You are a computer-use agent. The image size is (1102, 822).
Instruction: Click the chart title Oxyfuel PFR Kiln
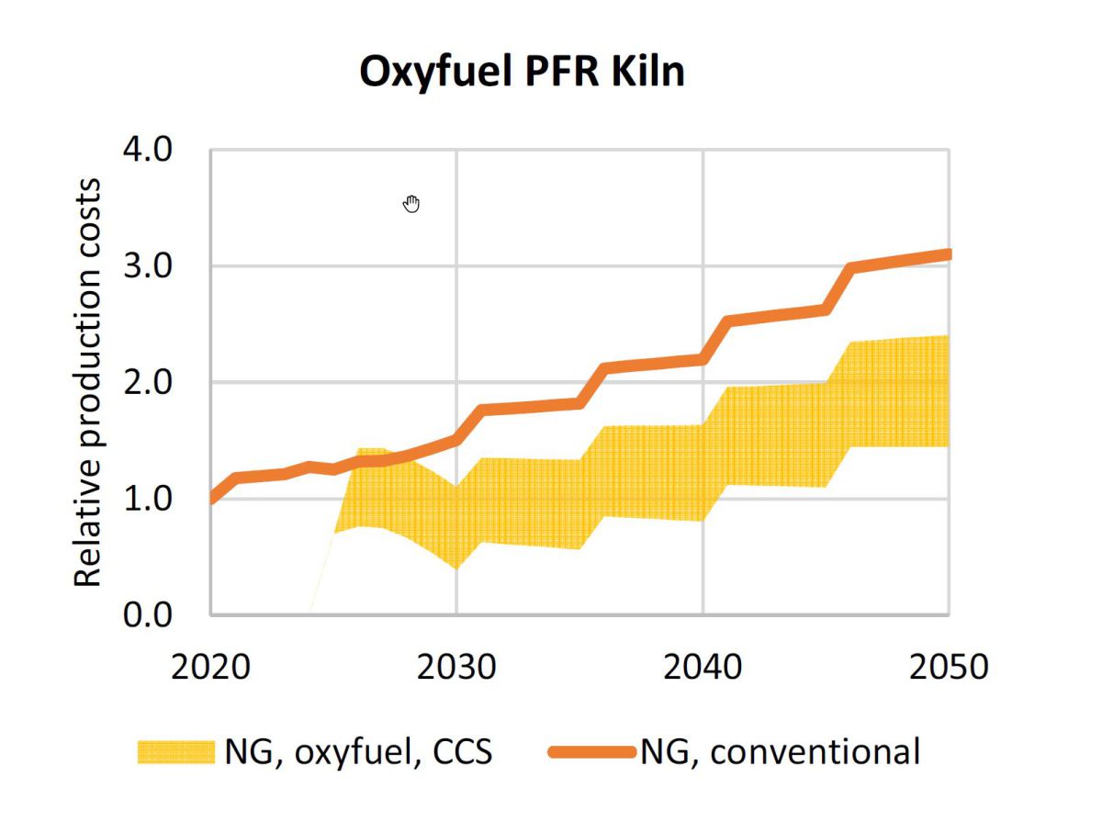(522, 72)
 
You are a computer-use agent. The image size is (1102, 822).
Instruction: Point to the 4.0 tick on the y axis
(148, 150)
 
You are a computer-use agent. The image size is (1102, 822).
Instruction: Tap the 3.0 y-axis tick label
(148, 266)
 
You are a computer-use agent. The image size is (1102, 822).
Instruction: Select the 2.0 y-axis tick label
(148, 382)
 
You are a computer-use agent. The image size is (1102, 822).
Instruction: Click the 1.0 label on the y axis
(148, 499)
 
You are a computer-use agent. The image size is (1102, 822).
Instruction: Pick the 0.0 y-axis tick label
(148, 614)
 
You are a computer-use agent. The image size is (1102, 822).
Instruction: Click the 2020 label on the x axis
(212, 666)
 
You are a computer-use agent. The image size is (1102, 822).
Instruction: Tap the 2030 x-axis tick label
(456, 666)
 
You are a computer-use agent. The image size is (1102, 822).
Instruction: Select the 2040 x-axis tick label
(703, 666)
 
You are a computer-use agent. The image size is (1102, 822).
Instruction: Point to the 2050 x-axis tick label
(948, 666)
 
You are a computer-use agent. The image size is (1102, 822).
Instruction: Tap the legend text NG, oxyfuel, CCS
(358, 752)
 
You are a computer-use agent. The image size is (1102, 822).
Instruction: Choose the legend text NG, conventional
(780, 752)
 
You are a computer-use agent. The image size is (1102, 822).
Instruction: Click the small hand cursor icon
(411, 204)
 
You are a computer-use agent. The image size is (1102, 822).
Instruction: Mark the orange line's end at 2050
(947, 254)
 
